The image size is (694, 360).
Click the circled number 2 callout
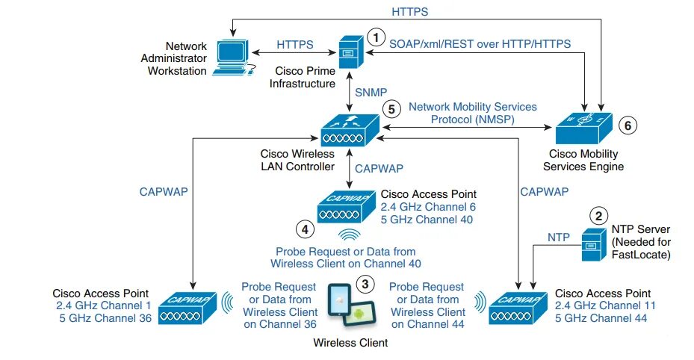coord(598,216)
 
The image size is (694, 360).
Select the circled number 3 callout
coord(365,283)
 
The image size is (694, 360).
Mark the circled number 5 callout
coord(390,108)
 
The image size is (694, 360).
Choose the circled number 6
coord(628,125)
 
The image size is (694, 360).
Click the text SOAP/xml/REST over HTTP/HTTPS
coord(480,44)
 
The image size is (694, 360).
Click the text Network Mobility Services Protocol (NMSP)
coord(472,113)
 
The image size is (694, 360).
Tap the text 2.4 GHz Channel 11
coord(601,305)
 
